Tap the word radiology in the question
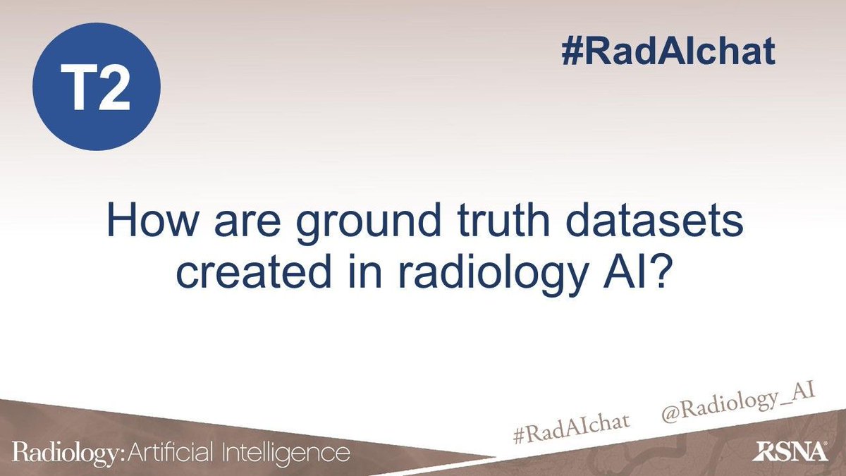point(485,275)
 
